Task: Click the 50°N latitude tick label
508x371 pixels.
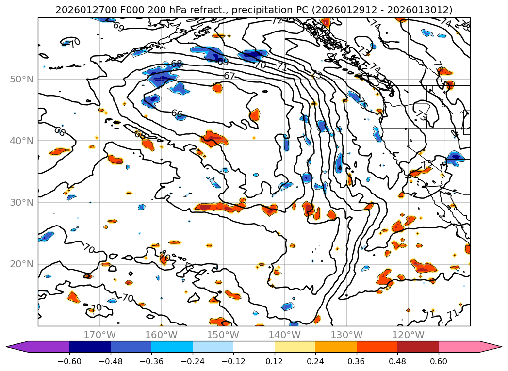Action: [21, 79]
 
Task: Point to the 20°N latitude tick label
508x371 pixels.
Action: [21, 264]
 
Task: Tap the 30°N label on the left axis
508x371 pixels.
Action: [21, 202]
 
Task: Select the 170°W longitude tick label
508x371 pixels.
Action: [99, 335]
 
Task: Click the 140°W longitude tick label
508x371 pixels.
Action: [285, 335]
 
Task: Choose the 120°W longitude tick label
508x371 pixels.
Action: [408, 335]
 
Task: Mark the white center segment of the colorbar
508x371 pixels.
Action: [254, 347]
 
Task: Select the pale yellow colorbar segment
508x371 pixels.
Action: [295, 347]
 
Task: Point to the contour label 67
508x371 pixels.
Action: [229, 76]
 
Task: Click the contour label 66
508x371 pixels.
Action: [177, 113]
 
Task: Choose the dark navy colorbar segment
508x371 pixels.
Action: [90, 347]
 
